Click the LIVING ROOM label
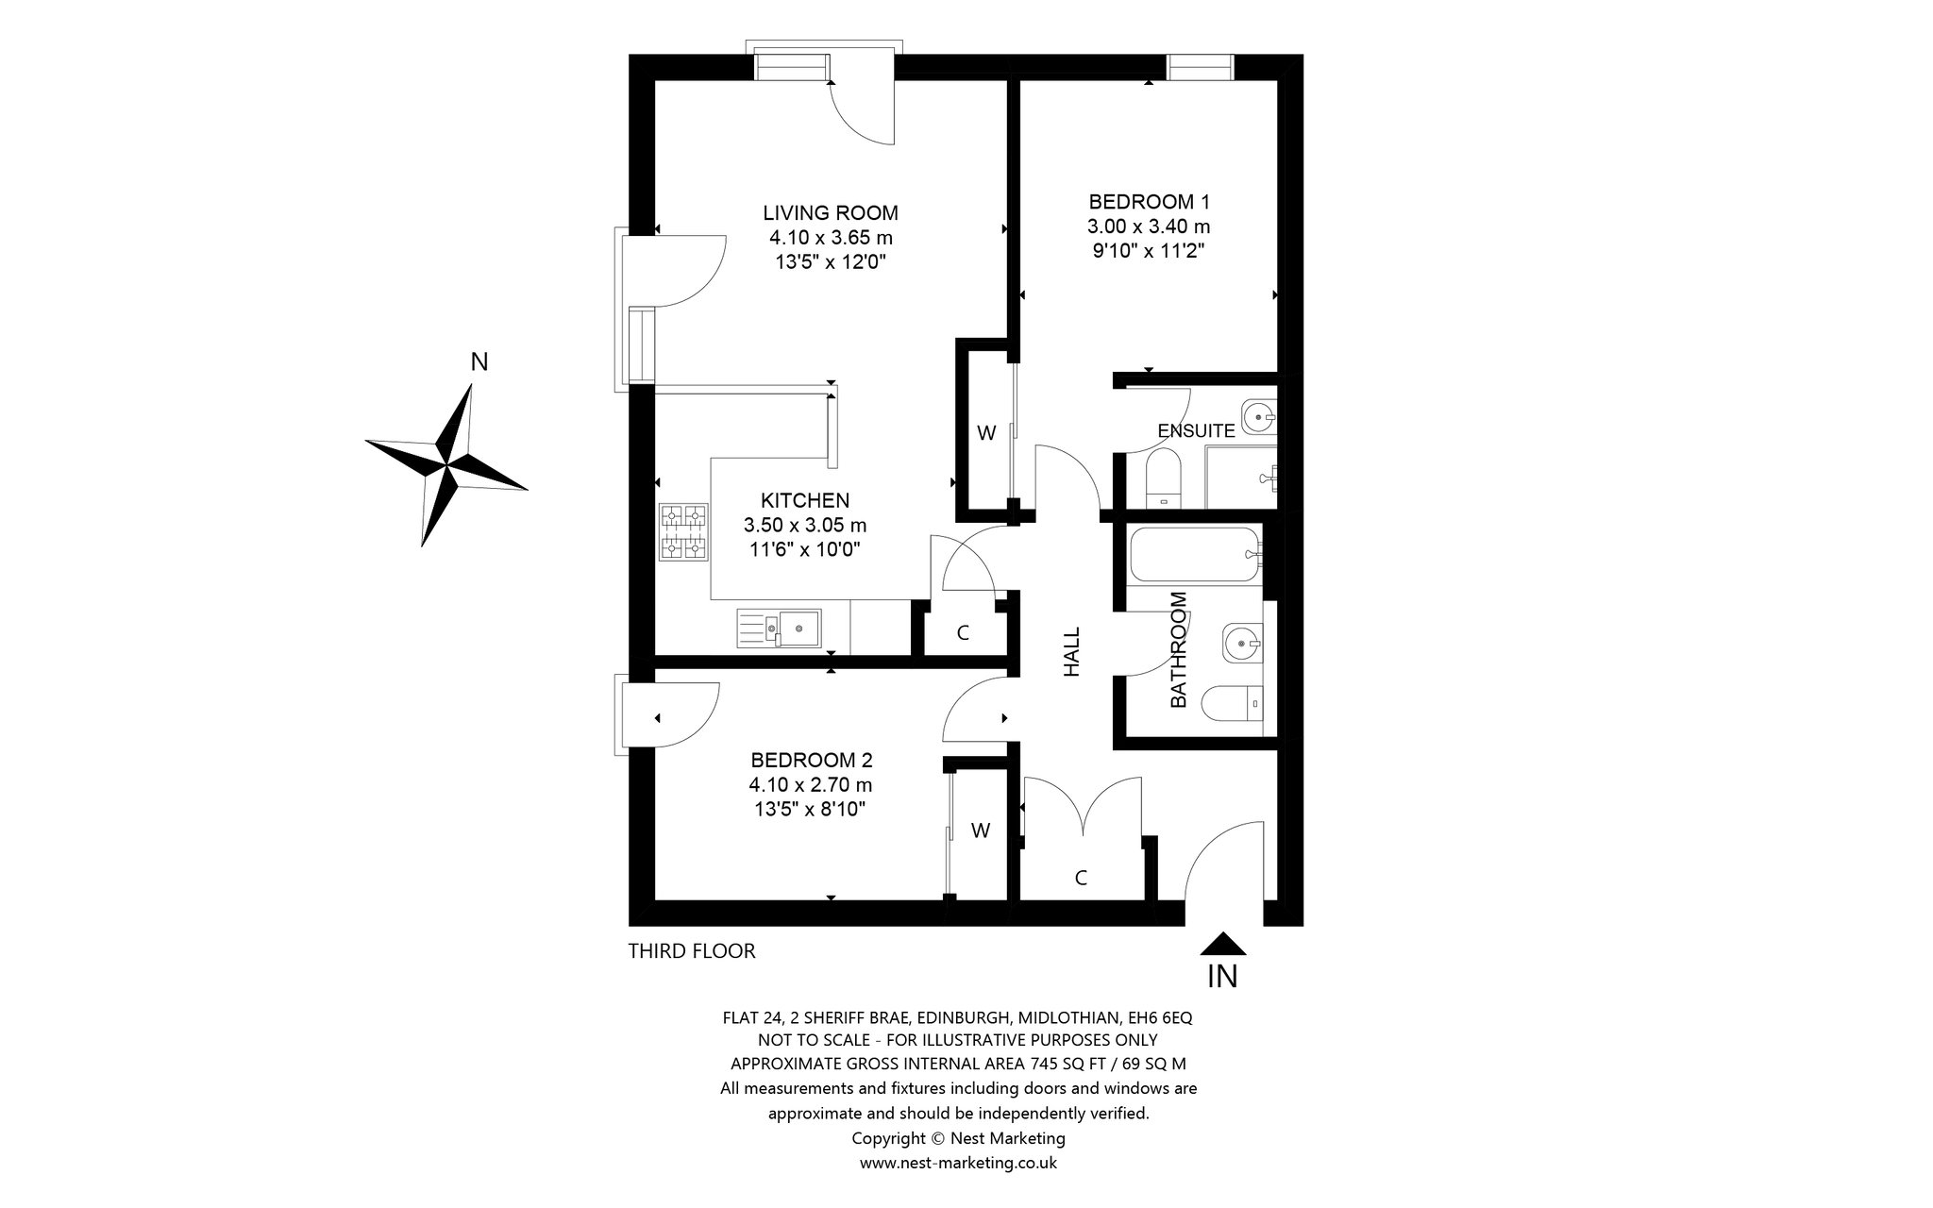pos(831,212)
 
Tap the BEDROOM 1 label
pos(1149,201)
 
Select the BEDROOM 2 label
pos(811,760)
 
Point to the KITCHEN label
pos(805,500)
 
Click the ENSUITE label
pos(1196,431)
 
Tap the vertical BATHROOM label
pos(1179,650)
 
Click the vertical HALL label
pos(1072,652)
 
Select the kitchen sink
pos(780,628)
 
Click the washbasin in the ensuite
pos(1259,414)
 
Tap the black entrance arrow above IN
pos(1222,943)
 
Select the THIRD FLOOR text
pos(692,951)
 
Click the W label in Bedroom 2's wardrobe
pos(982,830)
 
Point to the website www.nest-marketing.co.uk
pos(958,1163)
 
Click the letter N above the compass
pos(479,362)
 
